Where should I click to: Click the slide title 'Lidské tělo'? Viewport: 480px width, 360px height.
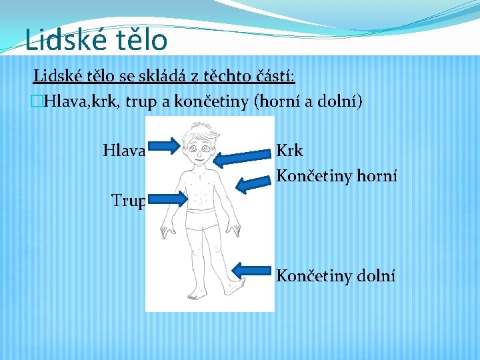96,39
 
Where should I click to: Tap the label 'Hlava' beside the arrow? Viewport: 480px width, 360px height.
124,151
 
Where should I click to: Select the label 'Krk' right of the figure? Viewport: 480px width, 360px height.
289,151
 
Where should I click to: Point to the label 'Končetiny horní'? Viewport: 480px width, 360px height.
337,176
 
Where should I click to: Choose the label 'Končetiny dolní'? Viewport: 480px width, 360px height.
335,275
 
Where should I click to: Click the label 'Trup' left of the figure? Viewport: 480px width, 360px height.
128,200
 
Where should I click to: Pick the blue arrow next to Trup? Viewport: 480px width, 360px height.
167,198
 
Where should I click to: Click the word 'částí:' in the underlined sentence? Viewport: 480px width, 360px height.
275,76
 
